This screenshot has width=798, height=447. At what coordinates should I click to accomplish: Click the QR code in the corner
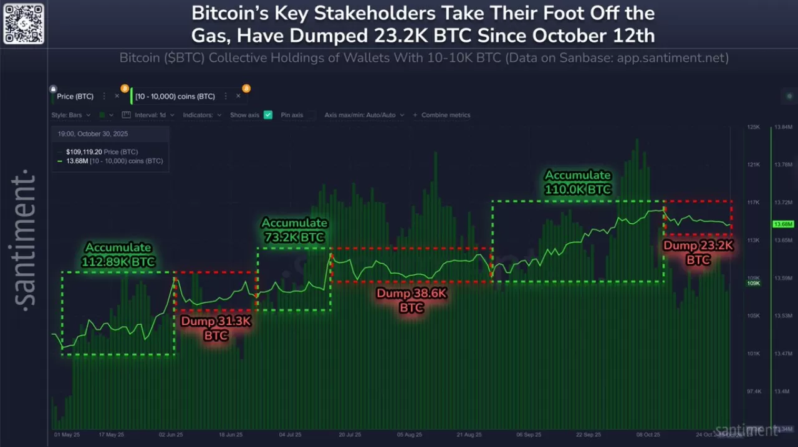tap(24, 24)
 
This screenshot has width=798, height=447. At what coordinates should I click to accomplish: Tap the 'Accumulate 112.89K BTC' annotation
tap(118, 254)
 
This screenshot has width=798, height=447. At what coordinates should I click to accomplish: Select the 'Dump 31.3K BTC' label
tap(216, 328)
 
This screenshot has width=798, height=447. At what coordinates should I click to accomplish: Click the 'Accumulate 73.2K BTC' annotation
tap(294, 230)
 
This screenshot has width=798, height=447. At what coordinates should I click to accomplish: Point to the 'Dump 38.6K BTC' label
tap(411, 300)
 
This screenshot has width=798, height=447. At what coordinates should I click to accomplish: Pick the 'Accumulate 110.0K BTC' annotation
tap(578, 182)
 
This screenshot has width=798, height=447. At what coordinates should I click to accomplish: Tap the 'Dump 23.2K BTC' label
tap(698, 252)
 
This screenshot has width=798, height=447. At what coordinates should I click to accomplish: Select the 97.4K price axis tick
tap(753, 392)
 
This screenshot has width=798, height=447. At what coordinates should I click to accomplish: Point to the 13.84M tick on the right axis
tap(782, 127)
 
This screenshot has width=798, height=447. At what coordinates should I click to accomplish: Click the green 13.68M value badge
tap(782, 224)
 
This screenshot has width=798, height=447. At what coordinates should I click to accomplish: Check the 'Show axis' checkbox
tap(268, 115)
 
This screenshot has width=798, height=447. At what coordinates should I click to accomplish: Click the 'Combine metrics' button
tap(445, 115)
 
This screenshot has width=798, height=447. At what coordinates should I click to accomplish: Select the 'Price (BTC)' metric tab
tap(75, 97)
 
